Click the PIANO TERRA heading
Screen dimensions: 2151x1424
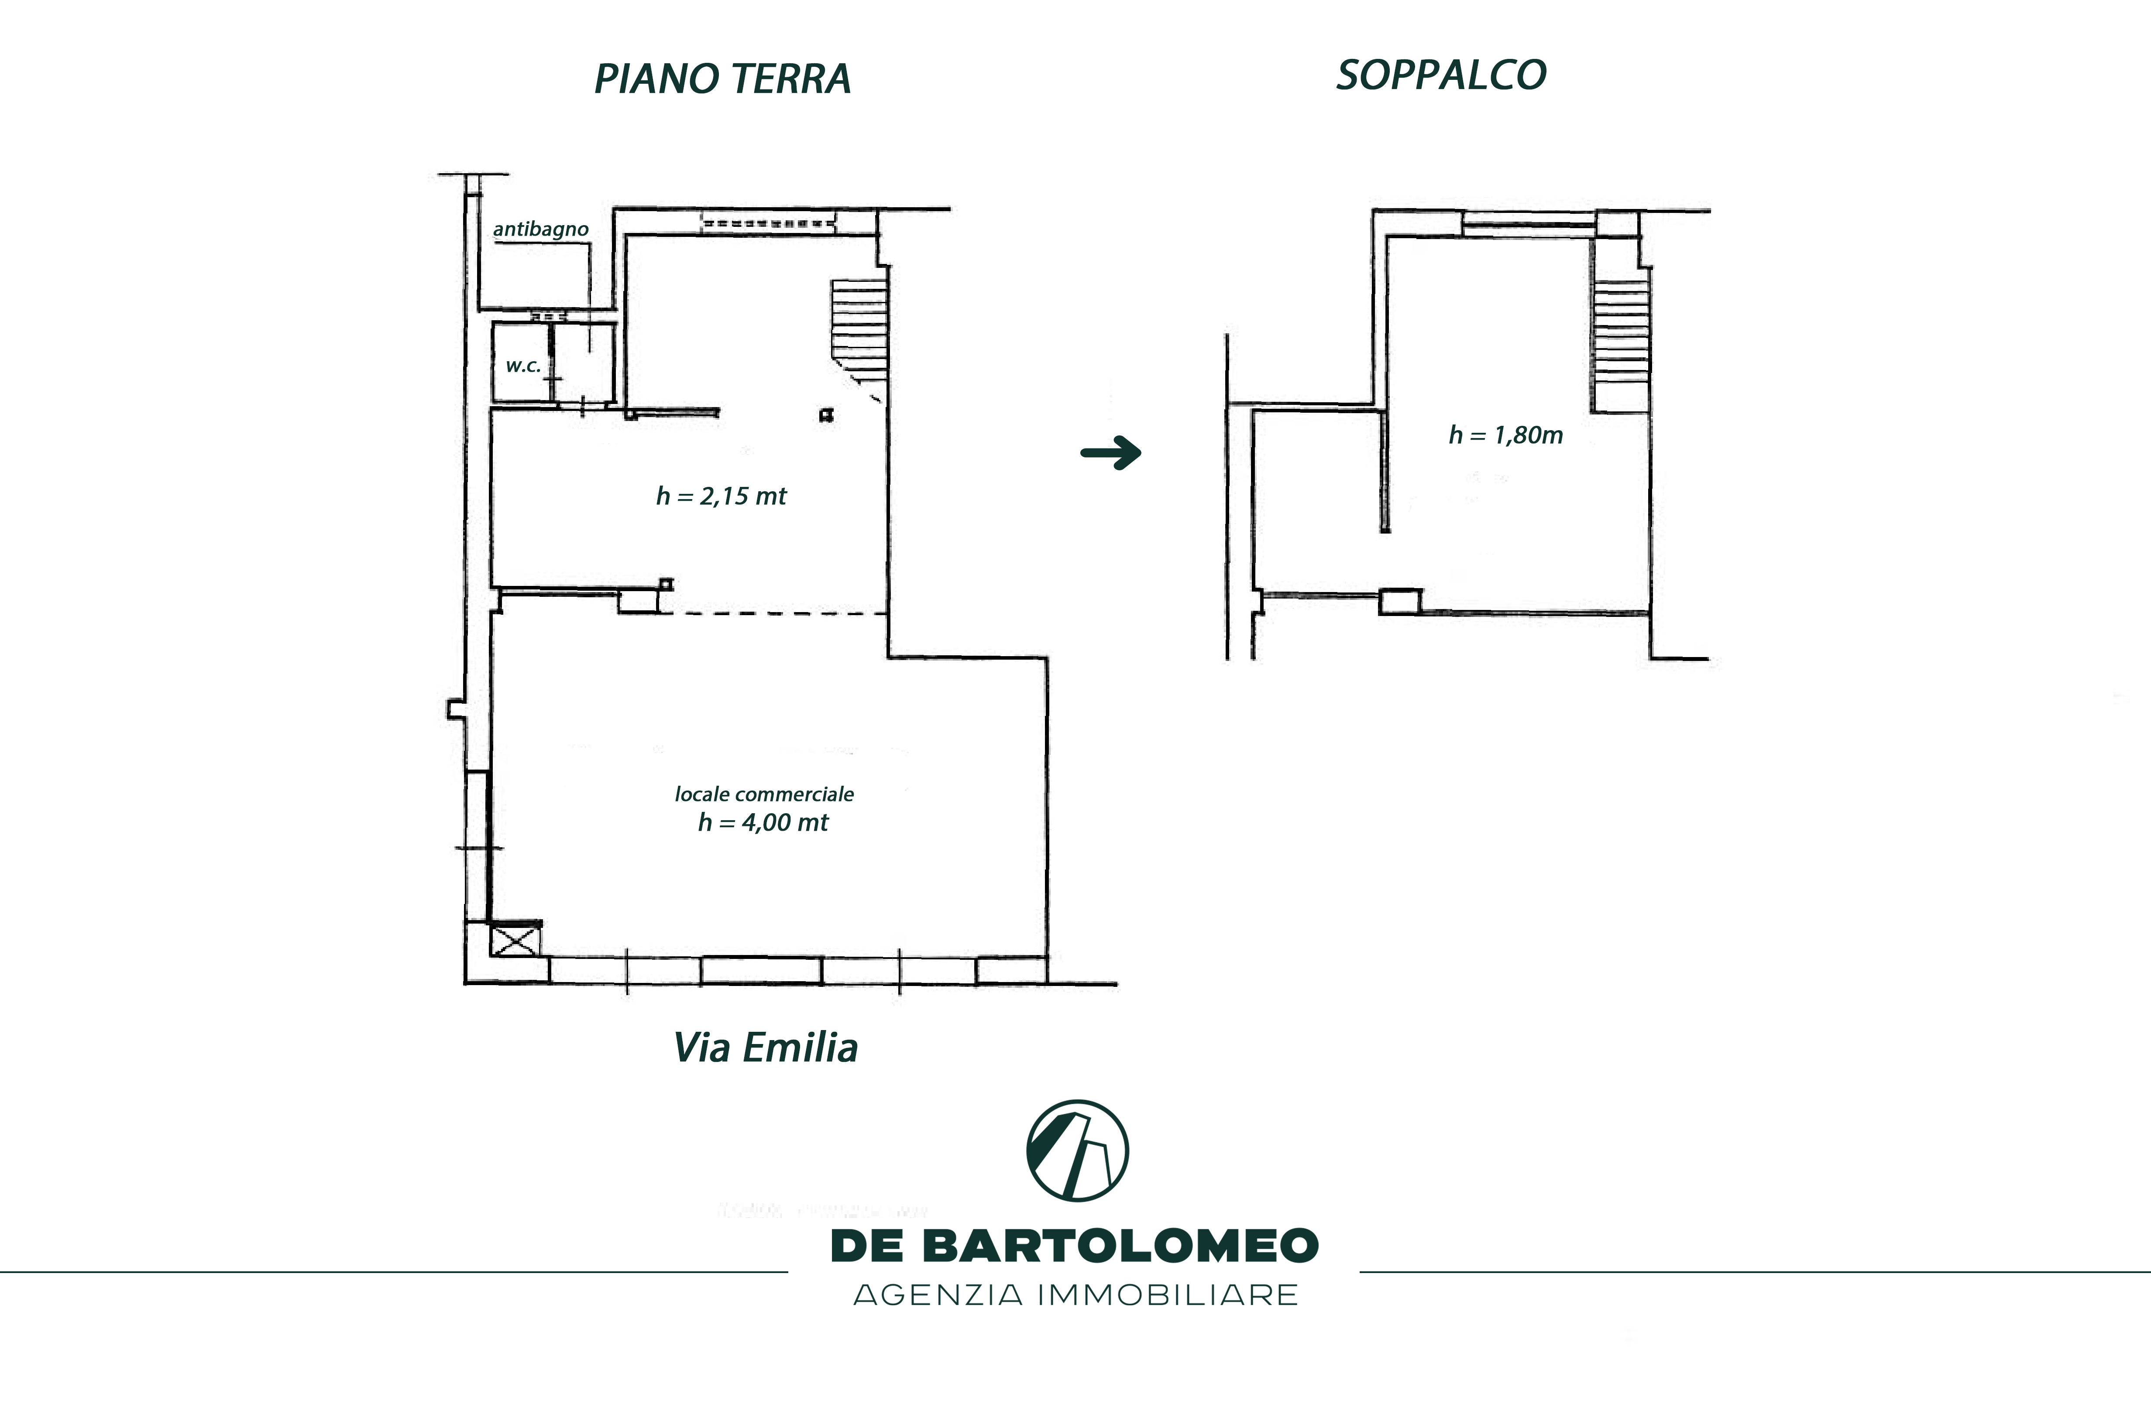coord(722,79)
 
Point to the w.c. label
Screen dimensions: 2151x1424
coord(523,366)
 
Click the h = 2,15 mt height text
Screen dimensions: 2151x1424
coord(721,496)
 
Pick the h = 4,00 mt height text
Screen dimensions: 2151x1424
coord(763,823)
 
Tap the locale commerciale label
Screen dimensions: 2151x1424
coord(764,794)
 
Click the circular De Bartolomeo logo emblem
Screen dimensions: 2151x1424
coord(1077,1150)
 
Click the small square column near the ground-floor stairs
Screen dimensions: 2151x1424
coord(826,416)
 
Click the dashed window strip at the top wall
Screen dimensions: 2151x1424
coord(768,222)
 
